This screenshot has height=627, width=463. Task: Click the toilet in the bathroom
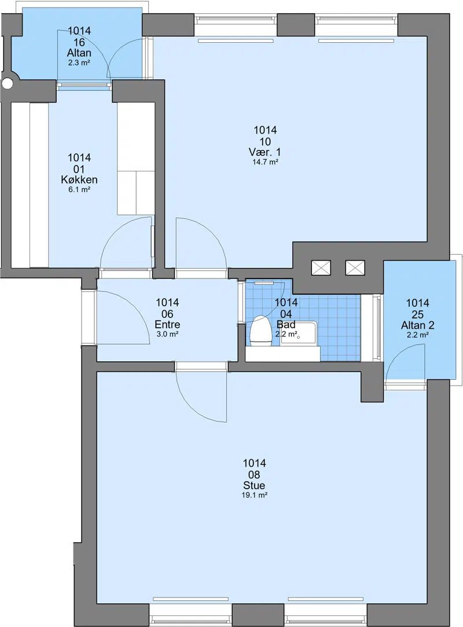tap(259, 331)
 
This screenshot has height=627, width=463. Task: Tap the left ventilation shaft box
tap(321, 267)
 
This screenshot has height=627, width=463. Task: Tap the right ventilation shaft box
tap(355, 267)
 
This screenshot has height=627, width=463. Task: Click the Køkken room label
tap(79, 179)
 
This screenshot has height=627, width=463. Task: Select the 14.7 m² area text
tap(265, 162)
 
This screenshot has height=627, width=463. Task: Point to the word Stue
tap(254, 485)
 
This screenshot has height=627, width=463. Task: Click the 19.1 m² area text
tap(254, 495)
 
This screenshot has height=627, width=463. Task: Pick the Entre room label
tap(167, 324)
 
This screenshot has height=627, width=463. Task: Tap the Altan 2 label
tap(418, 325)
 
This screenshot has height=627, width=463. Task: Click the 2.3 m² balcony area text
tap(79, 63)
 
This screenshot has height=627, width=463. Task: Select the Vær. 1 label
tap(264, 152)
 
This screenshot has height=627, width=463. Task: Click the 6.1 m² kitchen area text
tap(79, 189)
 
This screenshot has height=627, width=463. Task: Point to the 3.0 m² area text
tap(167, 334)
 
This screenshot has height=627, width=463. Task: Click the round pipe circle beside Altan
tap(7, 83)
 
